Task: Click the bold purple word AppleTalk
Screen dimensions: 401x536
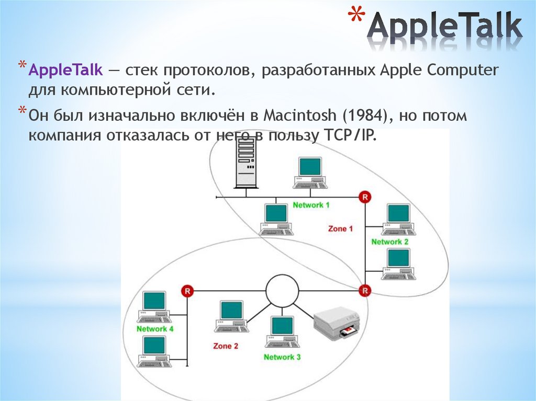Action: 65,70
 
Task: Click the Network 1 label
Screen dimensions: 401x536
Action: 311,205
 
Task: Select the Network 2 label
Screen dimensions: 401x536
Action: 390,242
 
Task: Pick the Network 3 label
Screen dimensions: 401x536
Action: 282,357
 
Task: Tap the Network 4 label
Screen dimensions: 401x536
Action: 155,329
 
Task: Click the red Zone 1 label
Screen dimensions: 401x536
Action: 340,228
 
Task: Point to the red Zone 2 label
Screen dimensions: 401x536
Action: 226,346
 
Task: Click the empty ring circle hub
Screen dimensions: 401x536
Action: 282,290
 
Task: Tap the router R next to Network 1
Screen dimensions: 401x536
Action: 365,197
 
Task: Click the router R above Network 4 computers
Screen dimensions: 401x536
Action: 187,290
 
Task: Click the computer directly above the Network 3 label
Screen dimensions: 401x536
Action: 282,331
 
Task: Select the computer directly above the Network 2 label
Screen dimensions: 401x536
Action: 398,218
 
